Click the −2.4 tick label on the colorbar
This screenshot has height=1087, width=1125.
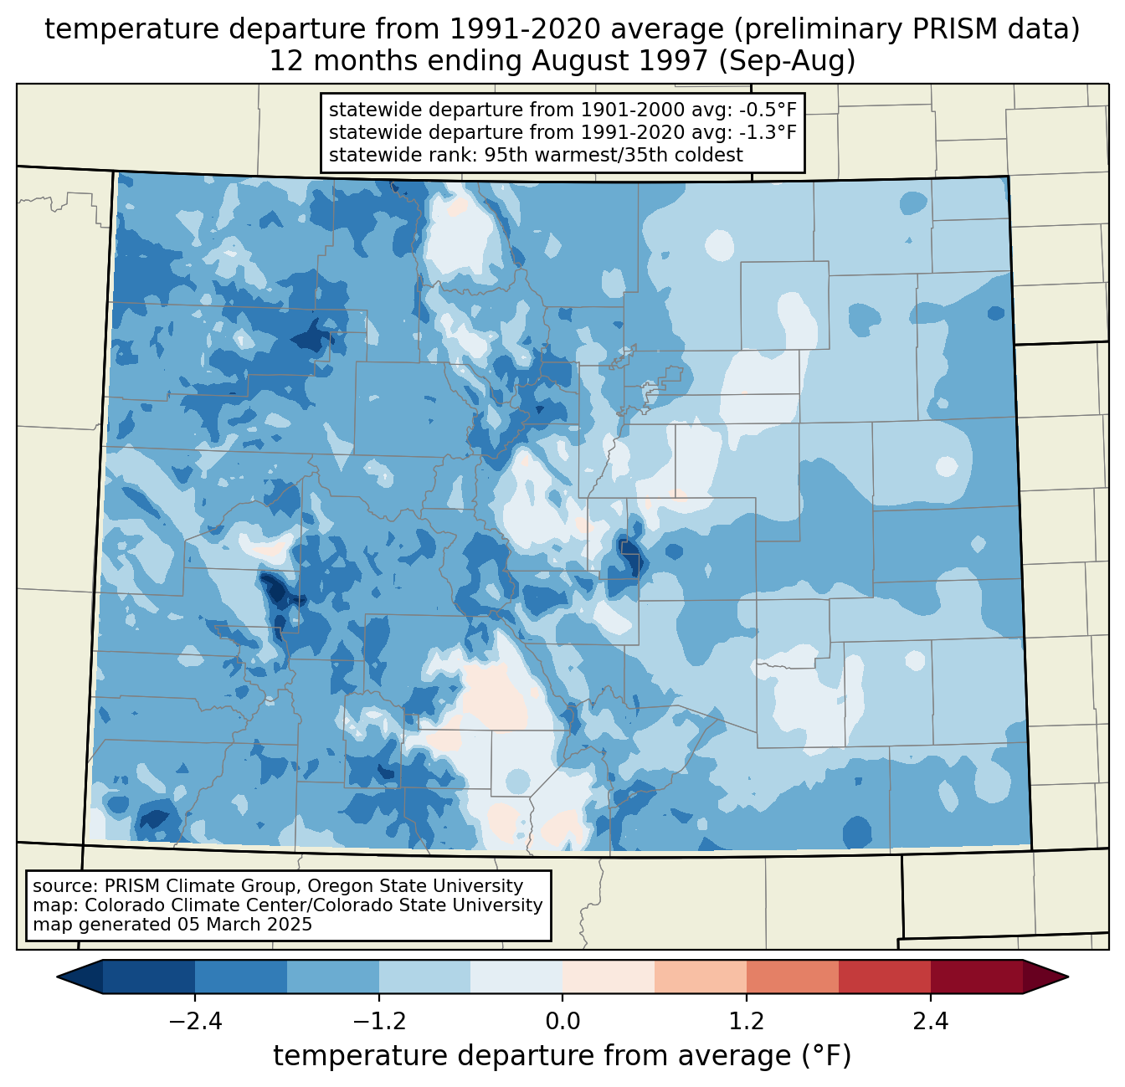tap(195, 1022)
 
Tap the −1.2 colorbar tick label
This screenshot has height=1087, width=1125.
tap(378, 1022)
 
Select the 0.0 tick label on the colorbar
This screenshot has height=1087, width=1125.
tap(562, 1022)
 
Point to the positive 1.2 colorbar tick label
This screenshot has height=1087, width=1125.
tap(747, 1022)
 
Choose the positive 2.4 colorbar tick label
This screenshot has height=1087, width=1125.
tap(930, 1022)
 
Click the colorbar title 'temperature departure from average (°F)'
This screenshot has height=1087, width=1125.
tap(562, 1056)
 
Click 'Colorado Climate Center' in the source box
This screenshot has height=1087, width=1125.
tap(181, 905)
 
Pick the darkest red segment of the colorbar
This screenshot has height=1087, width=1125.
tap(976, 977)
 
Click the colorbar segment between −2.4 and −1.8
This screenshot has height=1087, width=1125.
tap(241, 977)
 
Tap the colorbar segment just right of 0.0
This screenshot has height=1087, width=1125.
tap(609, 977)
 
